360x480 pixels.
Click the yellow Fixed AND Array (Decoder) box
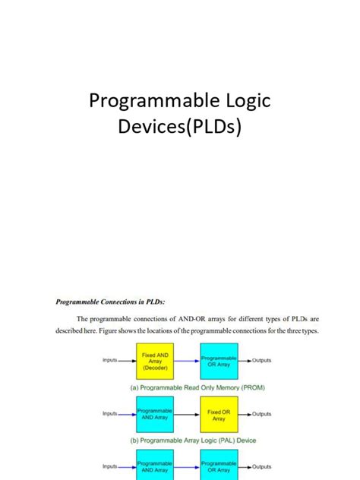click(155, 361)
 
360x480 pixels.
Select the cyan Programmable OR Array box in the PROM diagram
click(219, 361)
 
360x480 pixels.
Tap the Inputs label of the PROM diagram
click(110, 361)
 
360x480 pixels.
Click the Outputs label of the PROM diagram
click(261, 361)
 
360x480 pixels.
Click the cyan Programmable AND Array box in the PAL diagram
click(155, 415)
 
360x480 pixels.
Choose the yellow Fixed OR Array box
click(219, 415)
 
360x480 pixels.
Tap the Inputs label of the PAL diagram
click(110, 414)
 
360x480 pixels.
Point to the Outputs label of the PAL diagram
click(261, 414)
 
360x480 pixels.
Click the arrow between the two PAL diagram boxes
click(187, 415)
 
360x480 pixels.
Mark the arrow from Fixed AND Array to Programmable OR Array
click(187, 361)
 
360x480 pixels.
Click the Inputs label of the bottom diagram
click(110, 466)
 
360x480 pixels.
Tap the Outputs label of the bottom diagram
click(261, 466)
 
